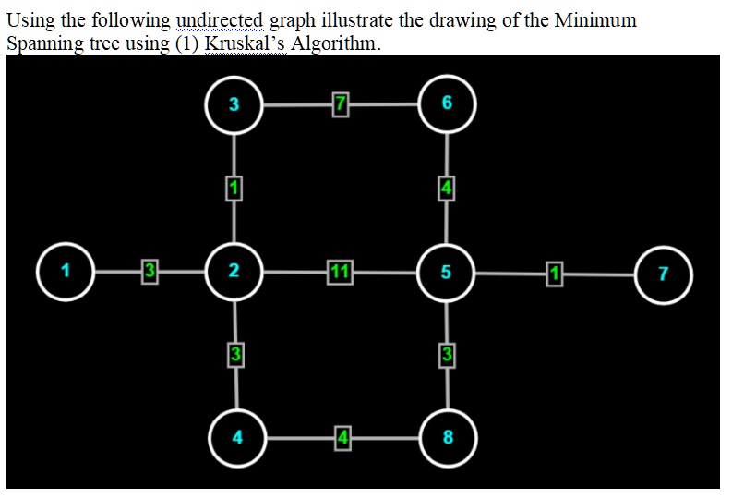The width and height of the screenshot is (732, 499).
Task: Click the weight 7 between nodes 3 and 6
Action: (x=341, y=104)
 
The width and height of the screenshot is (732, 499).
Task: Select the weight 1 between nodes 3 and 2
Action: (x=234, y=189)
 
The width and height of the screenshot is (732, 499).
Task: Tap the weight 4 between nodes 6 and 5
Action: (x=446, y=189)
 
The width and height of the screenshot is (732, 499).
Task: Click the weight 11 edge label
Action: (x=340, y=272)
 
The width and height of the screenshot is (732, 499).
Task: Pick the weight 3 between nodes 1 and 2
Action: (x=150, y=272)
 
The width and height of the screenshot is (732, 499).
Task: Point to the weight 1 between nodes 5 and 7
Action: (x=555, y=274)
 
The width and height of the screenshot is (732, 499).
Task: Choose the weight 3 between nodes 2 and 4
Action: (x=235, y=355)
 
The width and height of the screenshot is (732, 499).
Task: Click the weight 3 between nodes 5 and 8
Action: (x=447, y=355)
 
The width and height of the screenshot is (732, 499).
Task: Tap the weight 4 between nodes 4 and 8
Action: (x=342, y=438)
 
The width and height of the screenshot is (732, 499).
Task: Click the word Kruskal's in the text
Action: (x=245, y=43)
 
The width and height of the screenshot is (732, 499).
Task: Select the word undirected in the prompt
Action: (x=220, y=20)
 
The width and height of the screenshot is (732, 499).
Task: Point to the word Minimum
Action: (x=595, y=20)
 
